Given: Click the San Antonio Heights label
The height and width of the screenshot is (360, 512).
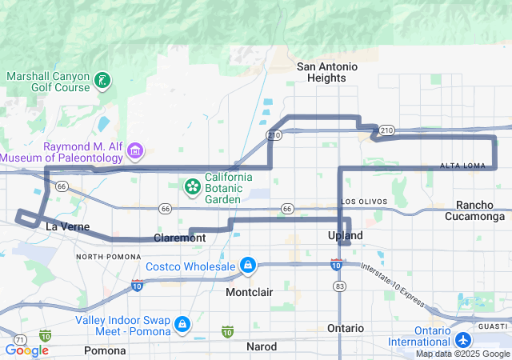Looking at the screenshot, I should point(321,72).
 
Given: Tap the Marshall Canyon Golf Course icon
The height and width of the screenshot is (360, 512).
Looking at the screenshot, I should point(102,80).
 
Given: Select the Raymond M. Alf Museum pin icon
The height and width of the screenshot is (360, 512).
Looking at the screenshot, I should point(135,151).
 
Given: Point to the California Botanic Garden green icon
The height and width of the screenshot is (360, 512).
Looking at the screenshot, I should point(192,187).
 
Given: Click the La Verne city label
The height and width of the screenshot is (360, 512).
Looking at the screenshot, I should point(62,226).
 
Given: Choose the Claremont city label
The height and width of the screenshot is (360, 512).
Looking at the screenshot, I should point(180,238).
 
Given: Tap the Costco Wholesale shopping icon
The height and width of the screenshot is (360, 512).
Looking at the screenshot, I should point(248,266).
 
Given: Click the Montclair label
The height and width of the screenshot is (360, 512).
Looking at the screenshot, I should point(249,292).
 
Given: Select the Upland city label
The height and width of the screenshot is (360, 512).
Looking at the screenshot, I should point(346,235).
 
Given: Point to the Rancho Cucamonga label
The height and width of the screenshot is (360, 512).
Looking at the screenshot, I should point(480,210).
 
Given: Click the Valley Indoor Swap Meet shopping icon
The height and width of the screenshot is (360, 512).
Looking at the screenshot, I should point(183,324).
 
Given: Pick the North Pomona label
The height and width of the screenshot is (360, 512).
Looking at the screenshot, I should point(103,256).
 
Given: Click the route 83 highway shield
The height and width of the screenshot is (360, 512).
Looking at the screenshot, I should point(340,285).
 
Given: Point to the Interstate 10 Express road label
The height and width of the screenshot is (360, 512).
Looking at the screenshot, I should point(391,284).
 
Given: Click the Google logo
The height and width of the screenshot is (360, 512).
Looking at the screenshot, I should point(26,350).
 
